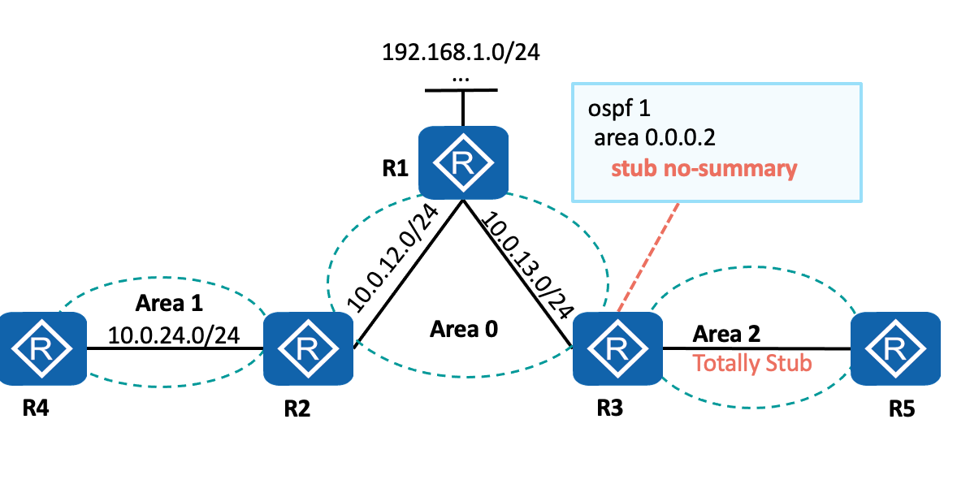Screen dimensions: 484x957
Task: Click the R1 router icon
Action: (462, 163)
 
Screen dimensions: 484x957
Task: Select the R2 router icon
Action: (307, 349)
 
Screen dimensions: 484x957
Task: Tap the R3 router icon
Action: (617, 349)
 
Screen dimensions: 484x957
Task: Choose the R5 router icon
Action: (894, 349)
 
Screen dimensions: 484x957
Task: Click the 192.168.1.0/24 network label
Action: (461, 54)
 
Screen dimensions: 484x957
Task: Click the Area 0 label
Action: (464, 329)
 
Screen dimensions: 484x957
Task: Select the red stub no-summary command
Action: (704, 169)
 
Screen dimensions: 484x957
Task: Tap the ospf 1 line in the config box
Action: (623, 108)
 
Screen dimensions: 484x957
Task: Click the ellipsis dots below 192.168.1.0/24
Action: (461, 79)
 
